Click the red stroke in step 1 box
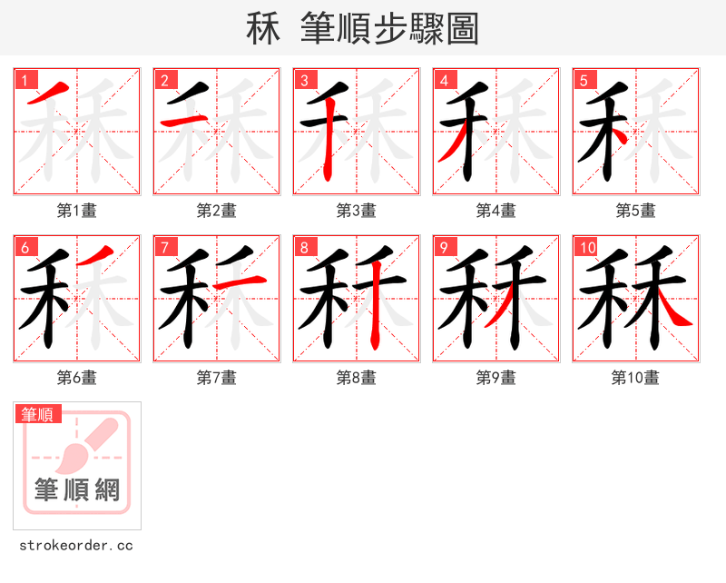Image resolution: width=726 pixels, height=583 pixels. [x=53, y=91]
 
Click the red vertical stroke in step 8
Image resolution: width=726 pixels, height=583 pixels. [x=374, y=313]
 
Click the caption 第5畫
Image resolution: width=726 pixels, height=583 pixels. [x=635, y=211]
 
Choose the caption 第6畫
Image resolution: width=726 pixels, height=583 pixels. [x=77, y=378]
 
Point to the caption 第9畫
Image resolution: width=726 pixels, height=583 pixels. [x=495, y=378]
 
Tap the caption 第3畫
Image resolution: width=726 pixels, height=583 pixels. [x=356, y=211]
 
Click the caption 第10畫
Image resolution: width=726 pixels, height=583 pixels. [x=635, y=378]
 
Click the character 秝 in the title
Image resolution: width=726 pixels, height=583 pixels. [x=263, y=29]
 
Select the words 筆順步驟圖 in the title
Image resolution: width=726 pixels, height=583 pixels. [x=395, y=29]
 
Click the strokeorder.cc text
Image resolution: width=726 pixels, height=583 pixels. [x=76, y=546]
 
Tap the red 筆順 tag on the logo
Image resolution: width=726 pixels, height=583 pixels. [x=39, y=414]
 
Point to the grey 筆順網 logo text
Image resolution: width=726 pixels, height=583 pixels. [x=77, y=490]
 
